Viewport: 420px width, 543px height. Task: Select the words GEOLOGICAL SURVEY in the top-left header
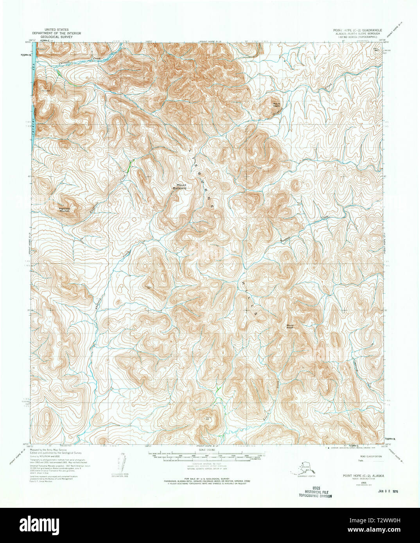(56, 37)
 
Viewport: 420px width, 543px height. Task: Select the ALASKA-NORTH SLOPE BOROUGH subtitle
(357, 34)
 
